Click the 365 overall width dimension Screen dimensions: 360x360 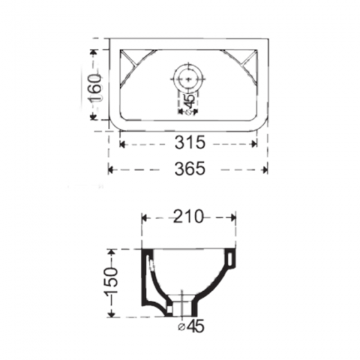pyautogui.click(x=190, y=169)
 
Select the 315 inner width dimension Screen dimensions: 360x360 pyautogui.click(x=190, y=143)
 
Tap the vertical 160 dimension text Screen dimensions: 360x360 pyautogui.click(x=95, y=88)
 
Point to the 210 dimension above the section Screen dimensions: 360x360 pyautogui.click(x=188, y=216)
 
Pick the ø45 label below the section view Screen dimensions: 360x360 pyautogui.click(x=192, y=327)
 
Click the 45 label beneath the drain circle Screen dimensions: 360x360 pyautogui.click(x=190, y=102)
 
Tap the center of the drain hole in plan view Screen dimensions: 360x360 pyautogui.click(x=188, y=79)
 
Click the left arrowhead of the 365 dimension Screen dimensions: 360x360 pyautogui.click(x=111, y=170)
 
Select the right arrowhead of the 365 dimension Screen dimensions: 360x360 pyautogui.click(x=265, y=170)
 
